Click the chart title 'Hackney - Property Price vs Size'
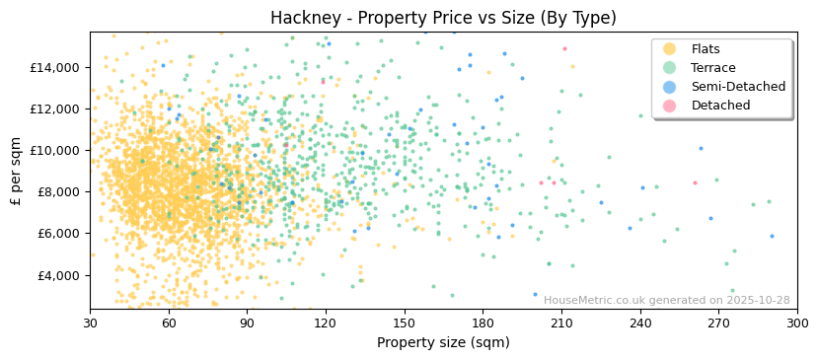(443, 18)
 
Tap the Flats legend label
(706, 49)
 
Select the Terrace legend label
(712, 68)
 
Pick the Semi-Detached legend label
(738, 87)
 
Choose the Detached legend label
(720, 106)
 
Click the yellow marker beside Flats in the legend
(670, 49)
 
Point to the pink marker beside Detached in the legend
(670, 106)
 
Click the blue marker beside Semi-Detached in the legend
(670, 87)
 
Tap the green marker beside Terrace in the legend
(670, 68)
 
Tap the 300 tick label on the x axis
(797, 324)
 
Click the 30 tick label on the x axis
(90, 324)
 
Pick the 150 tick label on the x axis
(404, 324)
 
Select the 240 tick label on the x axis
(639, 324)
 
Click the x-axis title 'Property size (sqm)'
(443, 343)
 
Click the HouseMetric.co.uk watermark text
(666, 300)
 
